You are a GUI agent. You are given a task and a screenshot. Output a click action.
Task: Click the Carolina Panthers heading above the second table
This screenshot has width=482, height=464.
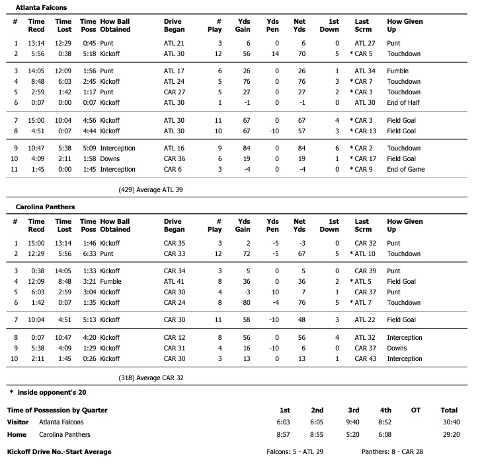(45, 207)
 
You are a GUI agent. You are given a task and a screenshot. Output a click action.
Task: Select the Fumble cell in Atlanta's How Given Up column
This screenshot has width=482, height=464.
(397, 71)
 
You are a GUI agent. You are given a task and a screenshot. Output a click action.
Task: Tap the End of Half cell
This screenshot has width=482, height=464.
(404, 103)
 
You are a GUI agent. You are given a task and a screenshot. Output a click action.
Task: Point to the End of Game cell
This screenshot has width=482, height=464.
(405, 170)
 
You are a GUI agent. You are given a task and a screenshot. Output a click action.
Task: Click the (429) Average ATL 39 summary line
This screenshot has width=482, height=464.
(150, 189)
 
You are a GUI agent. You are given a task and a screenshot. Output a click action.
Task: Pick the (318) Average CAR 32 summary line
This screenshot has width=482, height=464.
(150, 378)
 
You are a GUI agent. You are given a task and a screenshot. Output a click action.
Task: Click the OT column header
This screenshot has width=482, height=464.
(415, 411)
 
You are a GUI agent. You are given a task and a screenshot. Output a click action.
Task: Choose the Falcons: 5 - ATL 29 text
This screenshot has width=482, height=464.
(294, 452)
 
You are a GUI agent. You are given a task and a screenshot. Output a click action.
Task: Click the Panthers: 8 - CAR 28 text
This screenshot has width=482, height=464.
(393, 452)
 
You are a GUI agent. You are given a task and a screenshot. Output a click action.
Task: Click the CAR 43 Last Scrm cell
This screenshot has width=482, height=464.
(365, 359)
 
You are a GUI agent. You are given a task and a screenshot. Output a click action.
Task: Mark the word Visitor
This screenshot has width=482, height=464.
(18, 421)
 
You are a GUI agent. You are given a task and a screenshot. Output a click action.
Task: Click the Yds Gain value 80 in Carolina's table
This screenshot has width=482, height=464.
(246, 303)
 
